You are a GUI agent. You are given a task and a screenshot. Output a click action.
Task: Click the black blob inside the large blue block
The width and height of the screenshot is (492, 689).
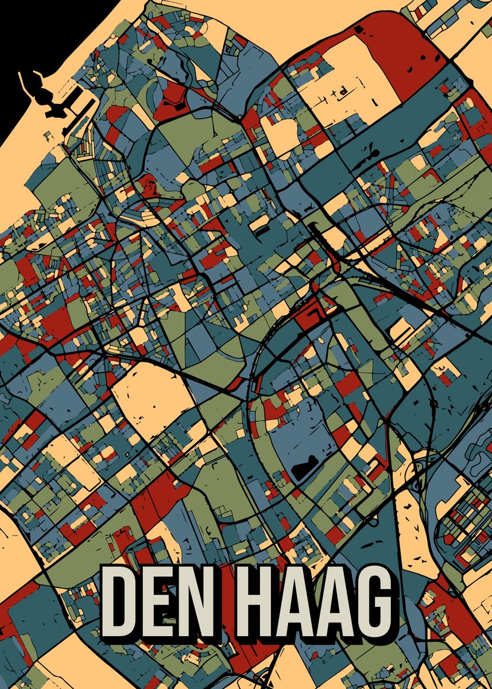304,468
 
